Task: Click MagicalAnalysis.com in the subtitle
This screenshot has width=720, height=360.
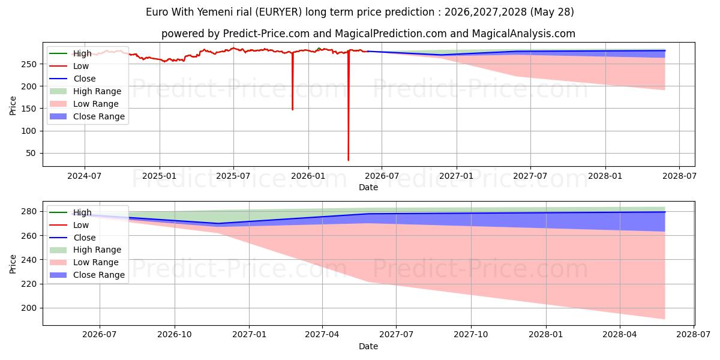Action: click(x=524, y=34)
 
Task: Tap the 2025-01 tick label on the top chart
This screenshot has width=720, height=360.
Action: click(x=160, y=176)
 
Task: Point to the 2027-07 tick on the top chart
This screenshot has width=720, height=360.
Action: click(x=530, y=176)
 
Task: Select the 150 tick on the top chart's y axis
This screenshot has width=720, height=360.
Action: click(x=29, y=109)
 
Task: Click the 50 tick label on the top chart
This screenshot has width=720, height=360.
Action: click(x=31, y=154)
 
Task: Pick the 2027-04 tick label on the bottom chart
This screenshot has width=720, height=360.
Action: click(x=322, y=335)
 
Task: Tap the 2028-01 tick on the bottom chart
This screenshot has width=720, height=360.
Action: click(x=546, y=335)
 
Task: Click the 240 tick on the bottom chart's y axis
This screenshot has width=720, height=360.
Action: click(x=29, y=260)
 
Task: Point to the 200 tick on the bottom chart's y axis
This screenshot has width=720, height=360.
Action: click(x=29, y=308)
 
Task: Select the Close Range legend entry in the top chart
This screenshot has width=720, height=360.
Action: click(x=87, y=116)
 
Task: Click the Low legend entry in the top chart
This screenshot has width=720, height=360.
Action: click(x=69, y=66)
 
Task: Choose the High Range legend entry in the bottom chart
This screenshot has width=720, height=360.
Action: click(x=85, y=250)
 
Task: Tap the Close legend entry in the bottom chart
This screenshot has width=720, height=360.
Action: click(x=73, y=238)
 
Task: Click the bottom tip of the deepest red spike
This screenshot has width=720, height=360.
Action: click(x=349, y=160)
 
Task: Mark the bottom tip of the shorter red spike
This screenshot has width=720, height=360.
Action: click(x=293, y=110)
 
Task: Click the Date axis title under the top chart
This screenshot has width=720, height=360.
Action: click(x=368, y=187)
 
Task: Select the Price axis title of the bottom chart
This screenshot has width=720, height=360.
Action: click(x=13, y=264)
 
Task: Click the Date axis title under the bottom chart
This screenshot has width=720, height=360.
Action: click(x=368, y=346)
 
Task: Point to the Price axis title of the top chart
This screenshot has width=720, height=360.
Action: click(x=13, y=106)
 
